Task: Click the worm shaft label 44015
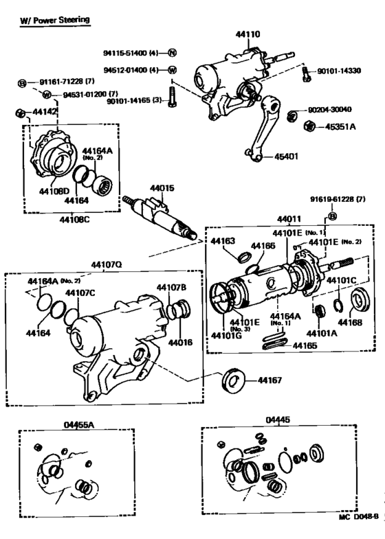click(157, 187)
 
